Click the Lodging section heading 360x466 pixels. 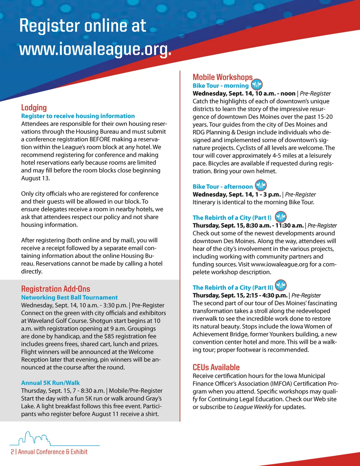[x=34, y=108]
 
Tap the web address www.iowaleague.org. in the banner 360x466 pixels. [x=95, y=50]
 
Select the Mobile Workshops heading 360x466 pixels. [x=223, y=77]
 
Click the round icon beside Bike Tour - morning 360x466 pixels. [x=257, y=85]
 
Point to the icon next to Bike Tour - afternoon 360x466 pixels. [x=261, y=185]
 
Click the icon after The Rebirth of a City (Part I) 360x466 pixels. [x=281, y=217]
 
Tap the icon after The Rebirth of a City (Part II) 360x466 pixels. [x=281, y=286]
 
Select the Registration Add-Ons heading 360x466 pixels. [x=56, y=289]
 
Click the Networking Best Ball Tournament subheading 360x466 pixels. [x=69, y=298]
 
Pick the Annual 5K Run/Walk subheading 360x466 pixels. [x=50, y=383]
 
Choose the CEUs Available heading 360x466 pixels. [x=216, y=368]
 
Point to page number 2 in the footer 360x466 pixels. [x=12, y=452]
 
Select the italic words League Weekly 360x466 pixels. [x=253, y=407]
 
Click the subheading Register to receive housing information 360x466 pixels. [x=78, y=116]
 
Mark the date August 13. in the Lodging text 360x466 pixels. [x=36, y=178]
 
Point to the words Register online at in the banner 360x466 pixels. [x=83, y=26]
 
